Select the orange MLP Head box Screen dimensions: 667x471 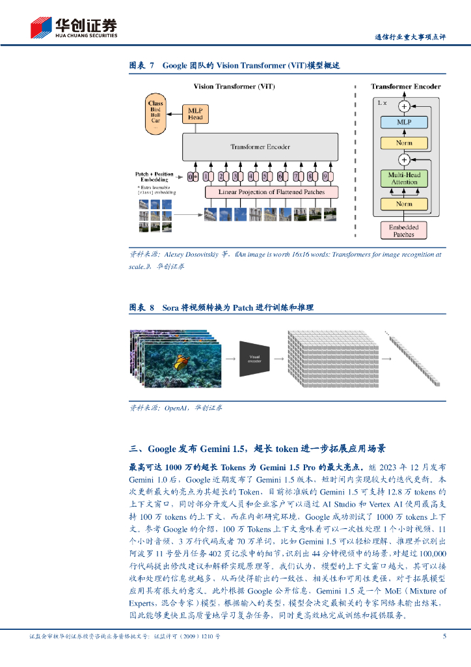pos(195,114)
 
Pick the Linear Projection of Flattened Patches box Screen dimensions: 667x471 pos(273,192)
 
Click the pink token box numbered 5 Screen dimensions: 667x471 pos(265,176)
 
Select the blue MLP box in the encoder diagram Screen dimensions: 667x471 pos(404,122)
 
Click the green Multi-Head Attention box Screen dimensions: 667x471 pos(404,178)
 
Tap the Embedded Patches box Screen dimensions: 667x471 pos(404,230)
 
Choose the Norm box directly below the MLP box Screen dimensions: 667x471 pos(404,143)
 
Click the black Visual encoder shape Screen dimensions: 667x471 pos(254,358)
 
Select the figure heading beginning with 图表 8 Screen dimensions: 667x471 pos(221,307)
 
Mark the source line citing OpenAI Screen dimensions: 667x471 pos(176,408)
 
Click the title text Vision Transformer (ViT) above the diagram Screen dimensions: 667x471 pos(234,87)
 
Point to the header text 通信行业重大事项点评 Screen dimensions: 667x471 pos(410,37)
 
